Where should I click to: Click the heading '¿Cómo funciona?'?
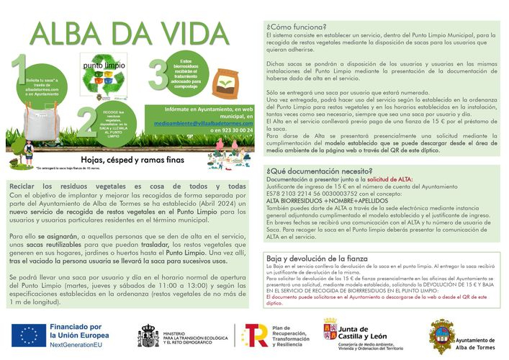click(296, 27)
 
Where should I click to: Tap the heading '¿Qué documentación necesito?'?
click(313, 171)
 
